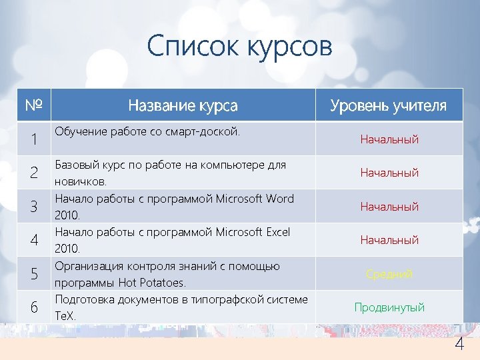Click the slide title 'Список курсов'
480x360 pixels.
pos(239,47)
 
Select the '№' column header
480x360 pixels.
pos(34,105)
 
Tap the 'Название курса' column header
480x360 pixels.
pos(183,105)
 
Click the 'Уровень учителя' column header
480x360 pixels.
pos(389,105)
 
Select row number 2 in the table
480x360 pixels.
pos(33,173)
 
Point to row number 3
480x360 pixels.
pos(33,207)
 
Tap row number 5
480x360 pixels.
pos(33,273)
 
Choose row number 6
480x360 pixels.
pos(33,307)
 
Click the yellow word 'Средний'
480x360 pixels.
pos(389,274)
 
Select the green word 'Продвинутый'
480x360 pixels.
pos(389,307)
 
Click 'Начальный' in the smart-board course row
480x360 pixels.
pos(389,139)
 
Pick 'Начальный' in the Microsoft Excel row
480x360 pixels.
pos(389,240)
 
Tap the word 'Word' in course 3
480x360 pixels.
pos(279,199)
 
